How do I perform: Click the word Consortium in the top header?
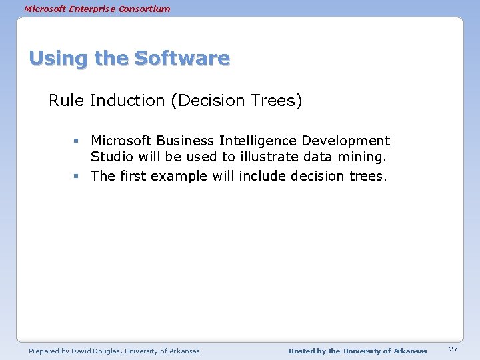pos(146,9)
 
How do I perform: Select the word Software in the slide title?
pos(182,59)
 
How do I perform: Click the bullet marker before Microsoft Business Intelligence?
pos(77,141)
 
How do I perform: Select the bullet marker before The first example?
pos(77,177)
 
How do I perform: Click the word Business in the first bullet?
pos(182,141)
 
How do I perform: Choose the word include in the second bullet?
pos(258,176)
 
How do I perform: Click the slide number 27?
pos(453,350)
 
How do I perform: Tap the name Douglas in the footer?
pos(110,351)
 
